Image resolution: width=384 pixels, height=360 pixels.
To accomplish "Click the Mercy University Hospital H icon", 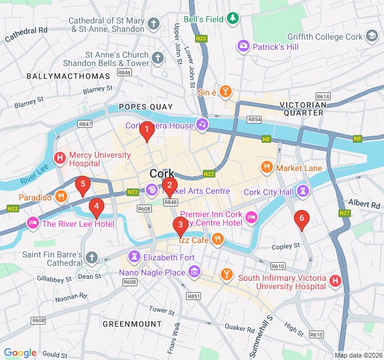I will pyautogui.click(x=60, y=159).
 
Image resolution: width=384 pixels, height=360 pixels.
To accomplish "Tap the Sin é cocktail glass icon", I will pyautogui.click(x=225, y=92).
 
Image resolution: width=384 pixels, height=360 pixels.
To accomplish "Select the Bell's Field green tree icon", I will pyautogui.click(x=232, y=19).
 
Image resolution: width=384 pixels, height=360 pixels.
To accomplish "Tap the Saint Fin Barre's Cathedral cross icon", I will pyautogui.click(x=91, y=258).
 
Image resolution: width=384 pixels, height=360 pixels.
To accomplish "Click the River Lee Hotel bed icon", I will pyautogui.click(x=32, y=224).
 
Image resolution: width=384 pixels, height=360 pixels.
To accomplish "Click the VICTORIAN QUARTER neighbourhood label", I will pyautogui.click(x=304, y=109).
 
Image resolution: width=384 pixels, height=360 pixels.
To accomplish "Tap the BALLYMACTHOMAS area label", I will pyautogui.click(x=68, y=76).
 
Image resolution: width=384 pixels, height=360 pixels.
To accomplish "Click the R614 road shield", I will pyautogui.click(x=323, y=97).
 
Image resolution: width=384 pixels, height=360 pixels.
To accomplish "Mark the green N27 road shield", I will pyautogui.click(x=344, y=213).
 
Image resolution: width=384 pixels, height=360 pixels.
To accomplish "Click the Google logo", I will pyautogui.click(x=20, y=353).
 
